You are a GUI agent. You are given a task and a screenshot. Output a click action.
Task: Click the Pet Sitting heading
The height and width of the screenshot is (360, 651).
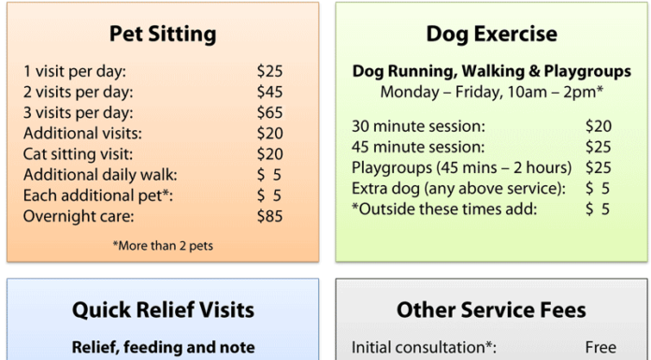click(163, 36)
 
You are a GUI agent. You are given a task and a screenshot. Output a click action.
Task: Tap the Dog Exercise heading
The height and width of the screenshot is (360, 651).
click(491, 36)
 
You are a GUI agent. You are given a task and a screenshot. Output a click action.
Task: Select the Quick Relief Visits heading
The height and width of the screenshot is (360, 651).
click(163, 310)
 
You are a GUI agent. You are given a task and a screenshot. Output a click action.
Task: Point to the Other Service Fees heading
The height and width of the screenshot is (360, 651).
click(491, 310)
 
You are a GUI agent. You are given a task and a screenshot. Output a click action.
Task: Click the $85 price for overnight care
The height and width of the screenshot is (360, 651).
click(269, 216)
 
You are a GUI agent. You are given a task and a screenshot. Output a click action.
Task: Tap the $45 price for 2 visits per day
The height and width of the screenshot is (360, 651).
click(269, 92)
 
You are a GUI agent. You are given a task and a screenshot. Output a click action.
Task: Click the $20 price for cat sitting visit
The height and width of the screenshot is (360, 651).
click(269, 153)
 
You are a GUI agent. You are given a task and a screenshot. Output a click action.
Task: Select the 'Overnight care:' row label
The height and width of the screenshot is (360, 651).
click(79, 216)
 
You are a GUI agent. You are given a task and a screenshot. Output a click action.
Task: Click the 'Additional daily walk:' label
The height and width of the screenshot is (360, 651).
click(100, 175)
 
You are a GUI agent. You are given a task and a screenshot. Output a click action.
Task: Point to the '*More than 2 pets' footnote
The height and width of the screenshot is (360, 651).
click(163, 247)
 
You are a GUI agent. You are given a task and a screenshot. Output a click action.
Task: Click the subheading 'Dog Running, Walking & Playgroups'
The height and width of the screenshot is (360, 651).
click(491, 71)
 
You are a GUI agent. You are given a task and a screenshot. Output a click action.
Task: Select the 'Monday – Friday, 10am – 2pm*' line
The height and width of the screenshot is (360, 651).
click(491, 92)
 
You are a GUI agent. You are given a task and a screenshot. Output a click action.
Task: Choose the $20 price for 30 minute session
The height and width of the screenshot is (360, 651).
click(598, 126)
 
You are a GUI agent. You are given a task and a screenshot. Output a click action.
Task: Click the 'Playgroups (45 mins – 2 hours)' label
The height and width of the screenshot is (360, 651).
click(461, 168)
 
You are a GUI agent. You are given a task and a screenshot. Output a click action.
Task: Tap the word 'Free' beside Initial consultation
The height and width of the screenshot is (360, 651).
click(600, 347)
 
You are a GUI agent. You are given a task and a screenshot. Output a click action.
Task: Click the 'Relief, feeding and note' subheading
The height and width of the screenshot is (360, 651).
click(163, 347)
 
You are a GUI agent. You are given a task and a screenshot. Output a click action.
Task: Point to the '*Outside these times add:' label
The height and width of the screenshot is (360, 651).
click(444, 209)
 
